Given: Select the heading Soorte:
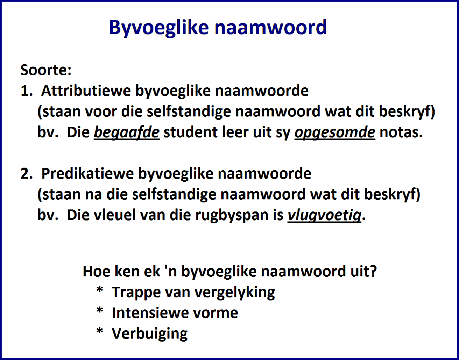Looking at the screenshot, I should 46,70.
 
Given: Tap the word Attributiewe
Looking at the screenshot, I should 86,91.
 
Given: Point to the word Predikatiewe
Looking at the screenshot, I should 87,174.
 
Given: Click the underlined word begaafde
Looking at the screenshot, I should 127,133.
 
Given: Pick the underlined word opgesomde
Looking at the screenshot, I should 335,133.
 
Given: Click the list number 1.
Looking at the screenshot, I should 25,91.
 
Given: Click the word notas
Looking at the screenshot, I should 401,133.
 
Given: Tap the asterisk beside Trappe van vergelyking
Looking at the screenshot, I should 100,291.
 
